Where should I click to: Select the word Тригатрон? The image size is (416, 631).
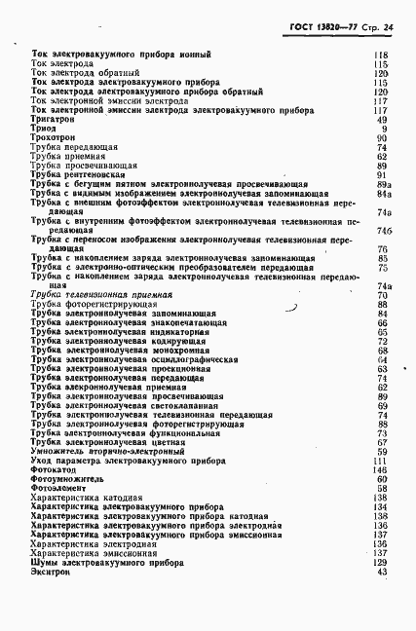pos(52,119)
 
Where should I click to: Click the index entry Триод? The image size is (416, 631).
pos(43,129)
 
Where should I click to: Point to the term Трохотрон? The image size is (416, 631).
pos(52,137)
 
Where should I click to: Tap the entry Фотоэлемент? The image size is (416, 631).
pos(57,488)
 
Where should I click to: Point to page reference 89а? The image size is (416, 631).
pos(383,183)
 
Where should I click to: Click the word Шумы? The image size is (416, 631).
pos(44,562)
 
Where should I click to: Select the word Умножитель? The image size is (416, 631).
pos(59,451)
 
